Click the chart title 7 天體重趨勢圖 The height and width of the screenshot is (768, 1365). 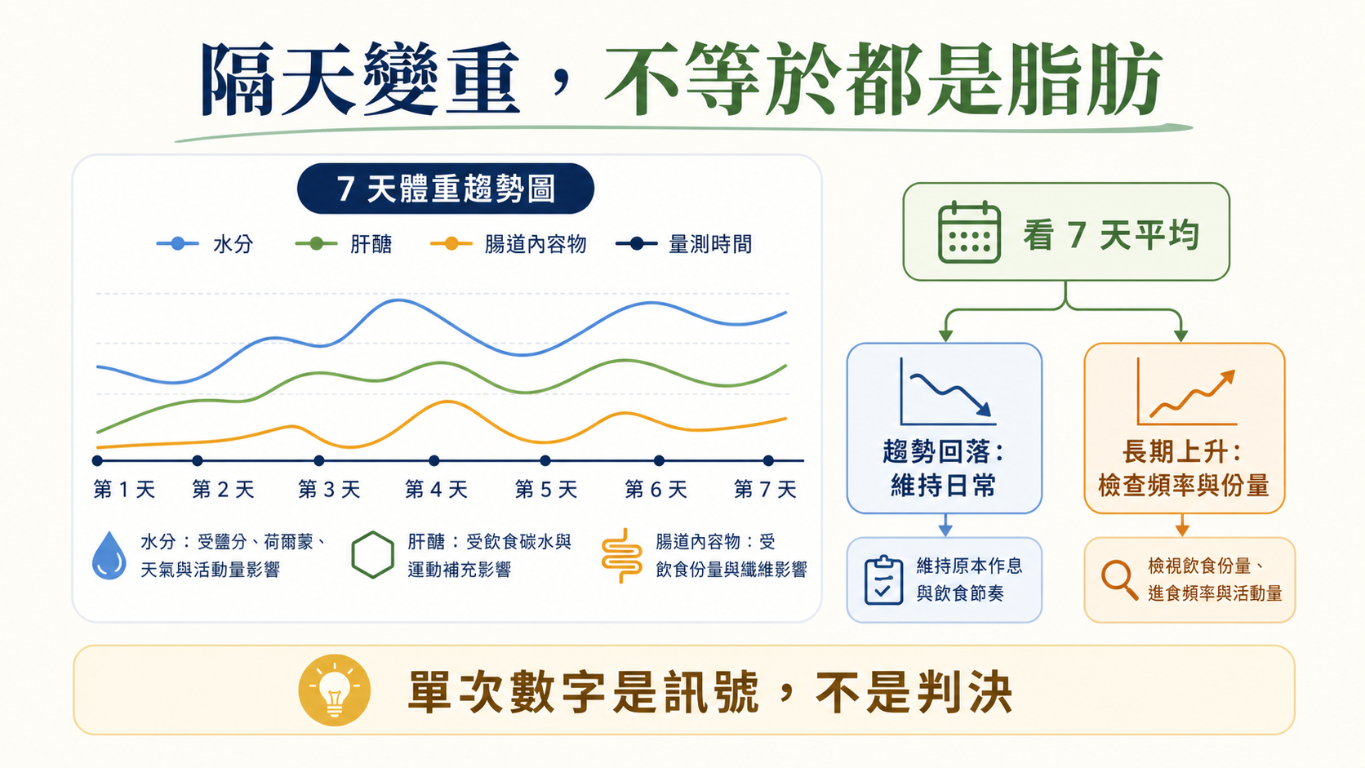(x=446, y=189)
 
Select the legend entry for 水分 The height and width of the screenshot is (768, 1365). (x=205, y=244)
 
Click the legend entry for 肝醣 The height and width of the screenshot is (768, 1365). (x=344, y=244)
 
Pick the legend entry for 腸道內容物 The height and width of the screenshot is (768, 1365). (x=509, y=244)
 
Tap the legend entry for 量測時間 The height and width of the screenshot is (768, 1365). (x=683, y=244)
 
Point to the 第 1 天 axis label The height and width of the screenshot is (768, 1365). (x=124, y=489)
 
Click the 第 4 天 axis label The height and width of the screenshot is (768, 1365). (x=436, y=489)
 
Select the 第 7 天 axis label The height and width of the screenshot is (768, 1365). (x=766, y=489)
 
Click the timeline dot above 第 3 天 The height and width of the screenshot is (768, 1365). (x=318, y=460)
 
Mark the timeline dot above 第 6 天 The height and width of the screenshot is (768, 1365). (x=659, y=460)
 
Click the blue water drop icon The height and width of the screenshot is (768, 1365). (x=109, y=556)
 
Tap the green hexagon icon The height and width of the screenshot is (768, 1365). (x=372, y=555)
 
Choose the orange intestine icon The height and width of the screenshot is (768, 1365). (x=621, y=556)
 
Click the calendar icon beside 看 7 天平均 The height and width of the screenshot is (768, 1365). (x=969, y=232)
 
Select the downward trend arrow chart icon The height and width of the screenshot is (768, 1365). (x=948, y=392)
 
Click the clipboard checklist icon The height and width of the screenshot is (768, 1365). (x=883, y=579)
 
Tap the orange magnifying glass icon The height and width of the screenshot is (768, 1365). (x=1119, y=579)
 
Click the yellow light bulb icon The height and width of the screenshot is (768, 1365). (x=335, y=690)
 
